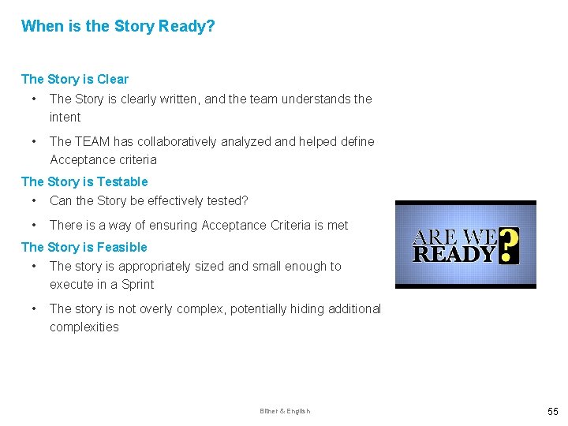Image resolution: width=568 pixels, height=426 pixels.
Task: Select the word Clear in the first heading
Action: (114, 79)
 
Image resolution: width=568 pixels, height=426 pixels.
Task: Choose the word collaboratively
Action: (186, 141)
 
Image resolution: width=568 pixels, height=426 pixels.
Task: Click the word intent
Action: (65, 117)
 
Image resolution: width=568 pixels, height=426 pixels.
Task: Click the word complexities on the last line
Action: (84, 327)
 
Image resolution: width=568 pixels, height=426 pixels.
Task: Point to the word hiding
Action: (309, 308)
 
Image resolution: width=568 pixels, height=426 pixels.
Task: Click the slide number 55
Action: (551, 411)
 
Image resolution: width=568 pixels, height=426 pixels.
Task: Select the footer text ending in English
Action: (285, 411)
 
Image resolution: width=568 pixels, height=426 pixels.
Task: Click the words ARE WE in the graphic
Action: (455, 237)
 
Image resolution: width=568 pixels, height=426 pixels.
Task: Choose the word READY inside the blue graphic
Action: (454, 254)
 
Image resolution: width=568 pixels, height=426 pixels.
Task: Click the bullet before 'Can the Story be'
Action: (33, 200)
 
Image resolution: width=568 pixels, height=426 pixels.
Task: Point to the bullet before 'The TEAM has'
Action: (33, 141)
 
